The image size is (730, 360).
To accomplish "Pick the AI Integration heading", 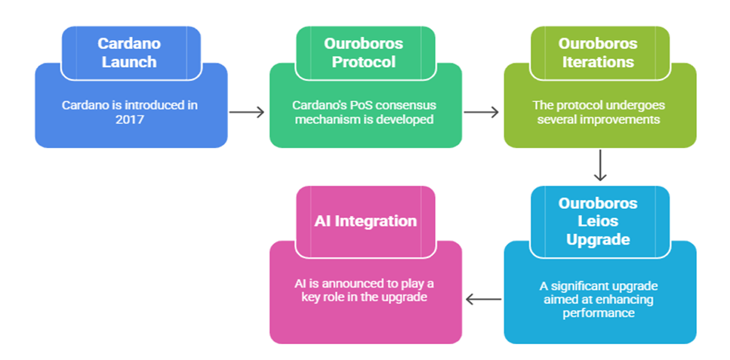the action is (365, 220).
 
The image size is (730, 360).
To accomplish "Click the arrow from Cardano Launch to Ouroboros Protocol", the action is (247, 112).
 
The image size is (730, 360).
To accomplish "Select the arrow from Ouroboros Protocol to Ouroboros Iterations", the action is (482, 112).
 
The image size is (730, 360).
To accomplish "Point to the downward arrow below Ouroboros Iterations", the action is (600, 165).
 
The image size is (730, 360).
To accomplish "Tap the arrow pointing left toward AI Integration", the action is (484, 299).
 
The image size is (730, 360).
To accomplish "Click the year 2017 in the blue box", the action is (129, 119).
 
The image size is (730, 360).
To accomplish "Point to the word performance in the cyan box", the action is (599, 312).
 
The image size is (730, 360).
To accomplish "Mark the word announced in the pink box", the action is (338, 283).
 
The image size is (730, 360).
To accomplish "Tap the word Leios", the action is (599, 222).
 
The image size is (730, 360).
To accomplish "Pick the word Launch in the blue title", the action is (129, 62).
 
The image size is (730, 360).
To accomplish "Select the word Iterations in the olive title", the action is (598, 62).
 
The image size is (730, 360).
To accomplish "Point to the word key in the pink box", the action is (311, 297).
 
